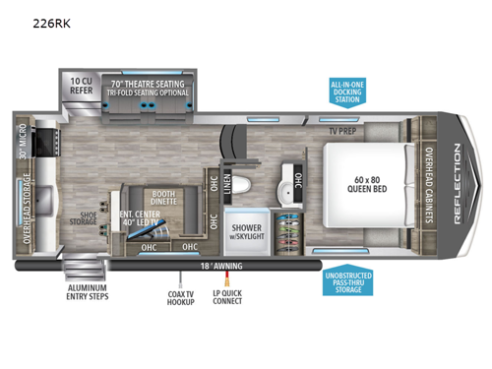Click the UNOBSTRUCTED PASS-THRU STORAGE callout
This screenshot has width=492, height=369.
349,284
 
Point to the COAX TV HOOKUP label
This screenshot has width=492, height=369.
180,296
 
